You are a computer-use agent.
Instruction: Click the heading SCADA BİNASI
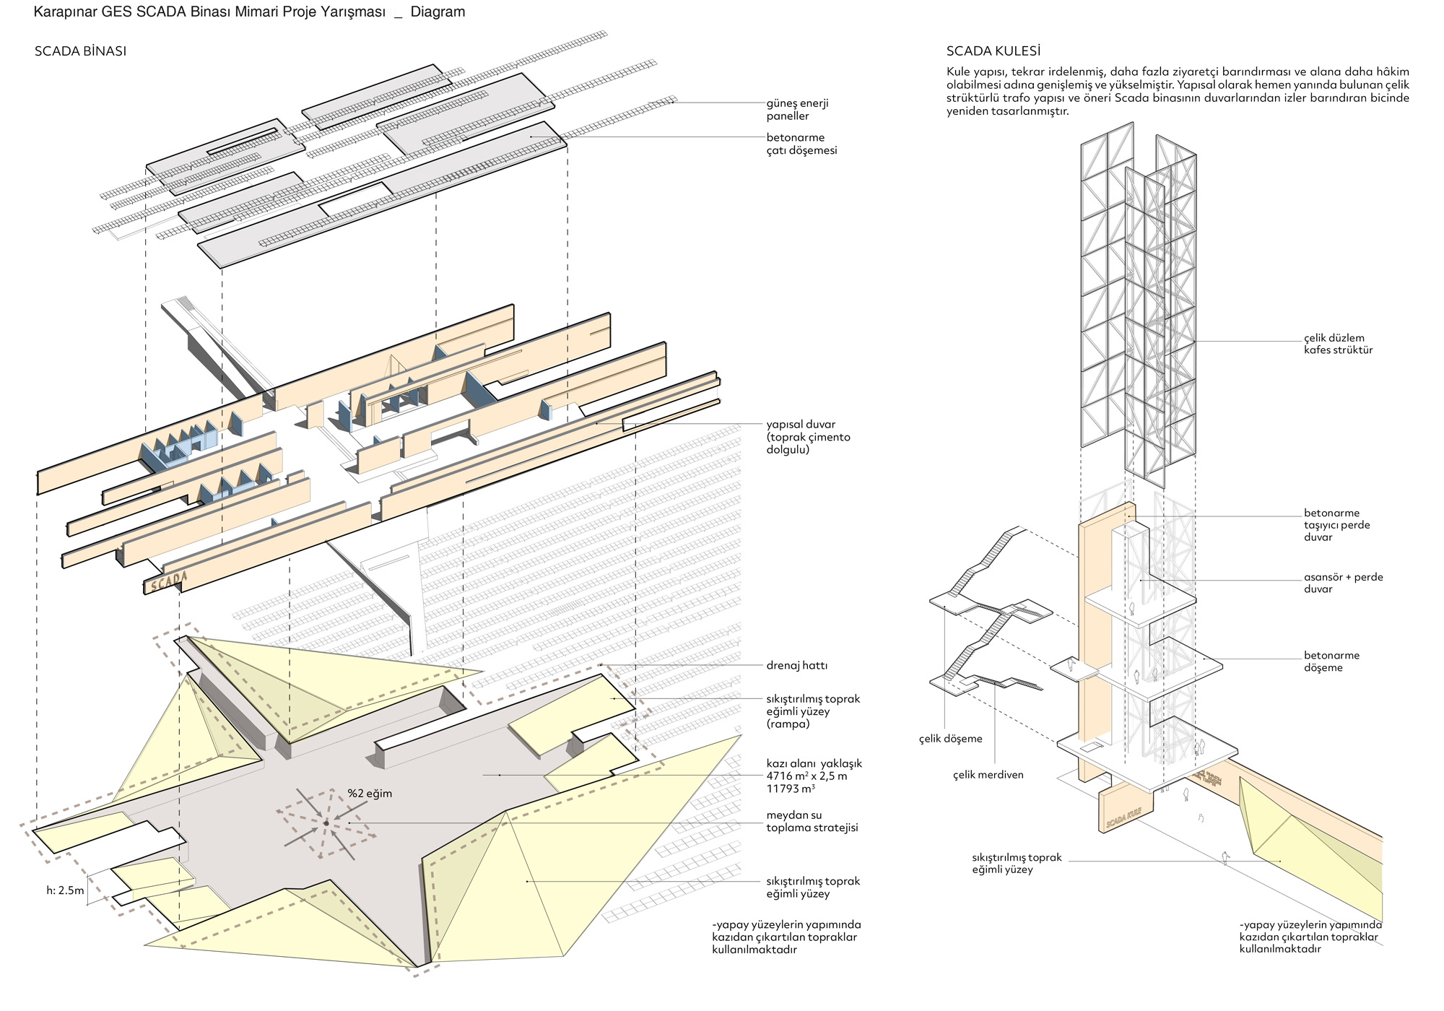[x=80, y=51]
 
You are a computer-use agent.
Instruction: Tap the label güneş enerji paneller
[x=797, y=110]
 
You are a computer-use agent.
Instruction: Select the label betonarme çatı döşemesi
[x=801, y=144]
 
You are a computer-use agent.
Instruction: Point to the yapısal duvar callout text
[x=808, y=437]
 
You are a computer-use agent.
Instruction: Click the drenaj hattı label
[x=797, y=665]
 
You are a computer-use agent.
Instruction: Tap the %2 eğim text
[x=370, y=794]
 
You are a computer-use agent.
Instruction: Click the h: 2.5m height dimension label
[x=65, y=890]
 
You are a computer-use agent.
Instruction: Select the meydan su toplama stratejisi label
[x=812, y=821]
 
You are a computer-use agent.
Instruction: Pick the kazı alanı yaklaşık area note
[x=814, y=776]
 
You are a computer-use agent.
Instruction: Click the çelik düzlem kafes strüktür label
[x=1338, y=344]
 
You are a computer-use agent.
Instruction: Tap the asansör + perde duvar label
[x=1343, y=583]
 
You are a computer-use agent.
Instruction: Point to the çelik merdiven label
[x=988, y=775]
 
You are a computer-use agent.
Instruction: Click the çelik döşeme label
[x=950, y=739]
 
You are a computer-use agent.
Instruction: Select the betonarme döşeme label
[x=1331, y=661]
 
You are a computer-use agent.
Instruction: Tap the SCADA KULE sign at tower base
[x=1123, y=817]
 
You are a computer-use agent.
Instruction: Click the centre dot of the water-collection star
[x=326, y=823]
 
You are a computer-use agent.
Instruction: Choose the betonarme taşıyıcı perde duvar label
[x=1336, y=525]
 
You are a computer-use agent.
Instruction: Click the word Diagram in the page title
[x=438, y=12]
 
